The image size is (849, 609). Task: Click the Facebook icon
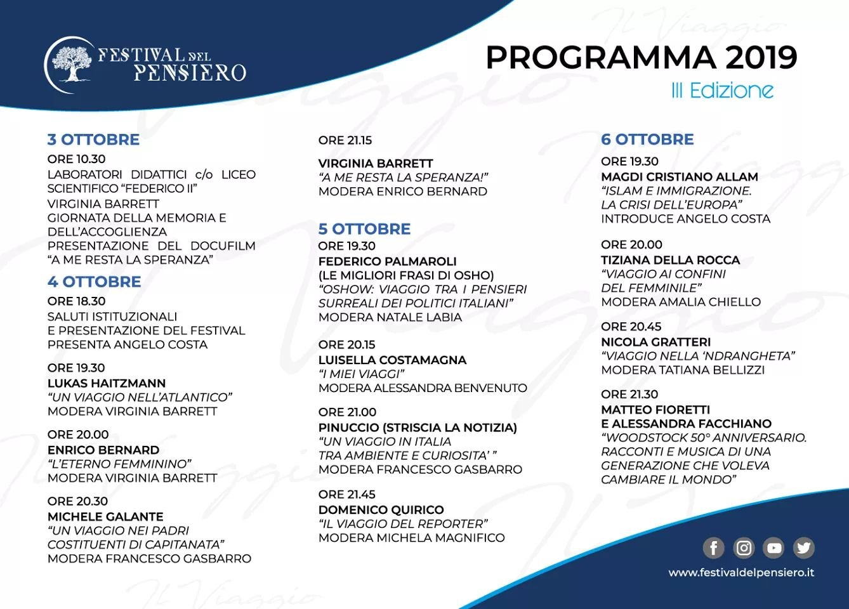coord(713,547)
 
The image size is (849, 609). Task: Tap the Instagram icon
coord(744,547)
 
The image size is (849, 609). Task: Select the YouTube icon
coord(773,547)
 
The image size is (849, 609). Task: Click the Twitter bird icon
coord(803,547)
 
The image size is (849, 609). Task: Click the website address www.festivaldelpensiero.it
coord(741,572)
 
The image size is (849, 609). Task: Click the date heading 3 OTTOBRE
coord(93,140)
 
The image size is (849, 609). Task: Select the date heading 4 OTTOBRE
coord(94,282)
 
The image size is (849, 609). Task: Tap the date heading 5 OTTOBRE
coord(364,229)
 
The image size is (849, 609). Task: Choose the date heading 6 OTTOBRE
coord(647,140)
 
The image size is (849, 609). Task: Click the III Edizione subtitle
coord(722,91)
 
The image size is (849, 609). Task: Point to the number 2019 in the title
coord(761,58)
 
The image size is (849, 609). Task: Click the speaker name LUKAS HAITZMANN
coord(107,383)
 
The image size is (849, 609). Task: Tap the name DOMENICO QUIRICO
coord(381,509)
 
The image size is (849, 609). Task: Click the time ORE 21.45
coord(347,494)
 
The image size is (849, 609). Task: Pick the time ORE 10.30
coord(76,159)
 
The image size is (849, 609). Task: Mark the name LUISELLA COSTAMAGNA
coord(392,360)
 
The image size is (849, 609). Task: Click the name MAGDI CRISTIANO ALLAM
coord(679,176)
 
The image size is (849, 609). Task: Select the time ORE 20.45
coord(631,327)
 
